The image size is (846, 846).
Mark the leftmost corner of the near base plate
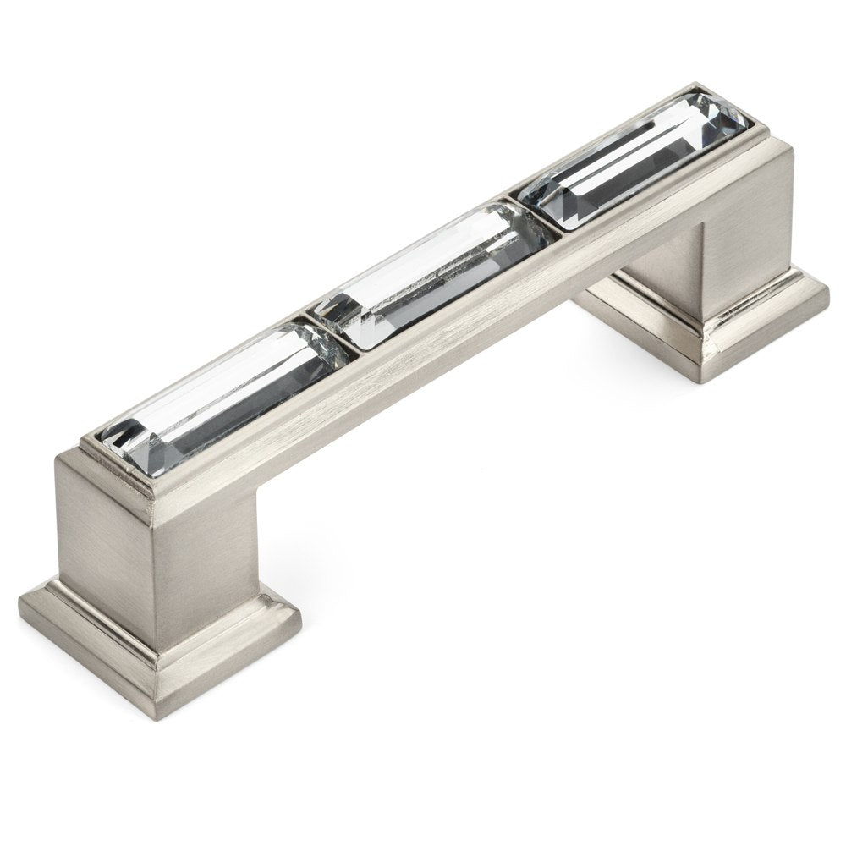[20, 602]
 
